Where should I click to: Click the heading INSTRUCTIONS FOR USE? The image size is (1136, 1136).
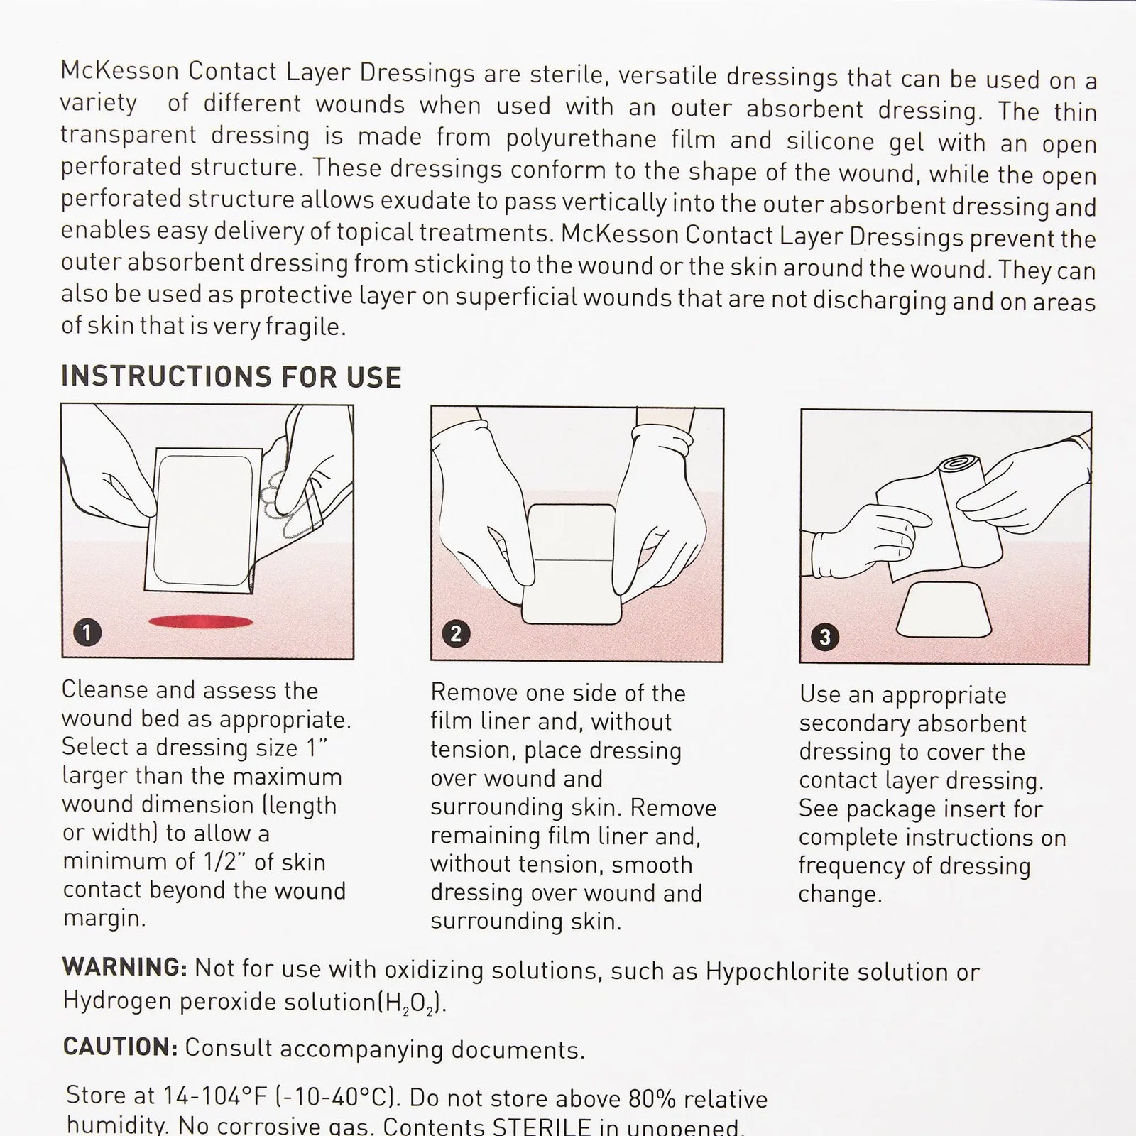(231, 376)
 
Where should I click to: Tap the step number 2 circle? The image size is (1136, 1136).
(456, 633)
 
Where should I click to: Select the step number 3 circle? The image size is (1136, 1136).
(824, 636)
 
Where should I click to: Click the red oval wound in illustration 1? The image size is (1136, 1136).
(200, 622)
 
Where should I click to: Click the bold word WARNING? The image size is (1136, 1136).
(125, 967)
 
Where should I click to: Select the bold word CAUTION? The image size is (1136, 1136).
(120, 1047)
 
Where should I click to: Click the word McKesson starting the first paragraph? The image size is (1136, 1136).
(120, 71)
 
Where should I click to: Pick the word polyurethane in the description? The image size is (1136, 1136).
(582, 139)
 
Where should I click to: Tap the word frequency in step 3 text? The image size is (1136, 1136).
(853, 866)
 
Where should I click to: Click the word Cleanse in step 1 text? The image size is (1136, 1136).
(105, 689)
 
